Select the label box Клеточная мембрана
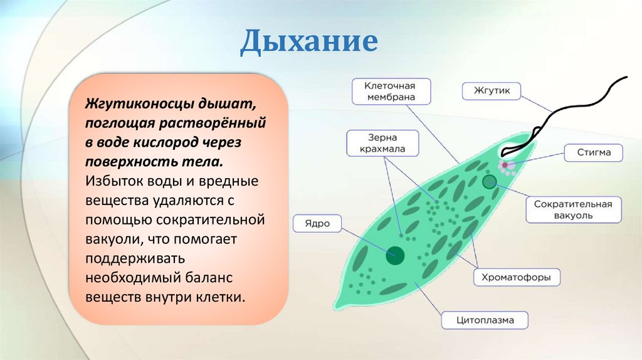tap(391, 91)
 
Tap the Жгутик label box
tap(491, 92)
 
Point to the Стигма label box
tap(591, 153)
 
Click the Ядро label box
tap(317, 224)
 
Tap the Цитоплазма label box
tap(485, 320)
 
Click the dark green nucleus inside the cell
tap(395, 254)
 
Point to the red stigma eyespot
tap(505, 165)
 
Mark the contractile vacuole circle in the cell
tap(490, 182)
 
